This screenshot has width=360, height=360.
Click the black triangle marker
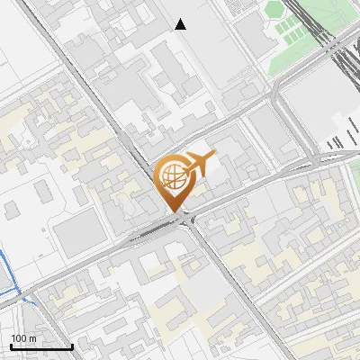[181, 24]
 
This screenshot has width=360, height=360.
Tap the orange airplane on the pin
[199, 164]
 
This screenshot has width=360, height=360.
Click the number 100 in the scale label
[17, 338]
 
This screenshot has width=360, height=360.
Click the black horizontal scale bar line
[40, 346]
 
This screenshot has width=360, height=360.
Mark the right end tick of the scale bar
[72, 345]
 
